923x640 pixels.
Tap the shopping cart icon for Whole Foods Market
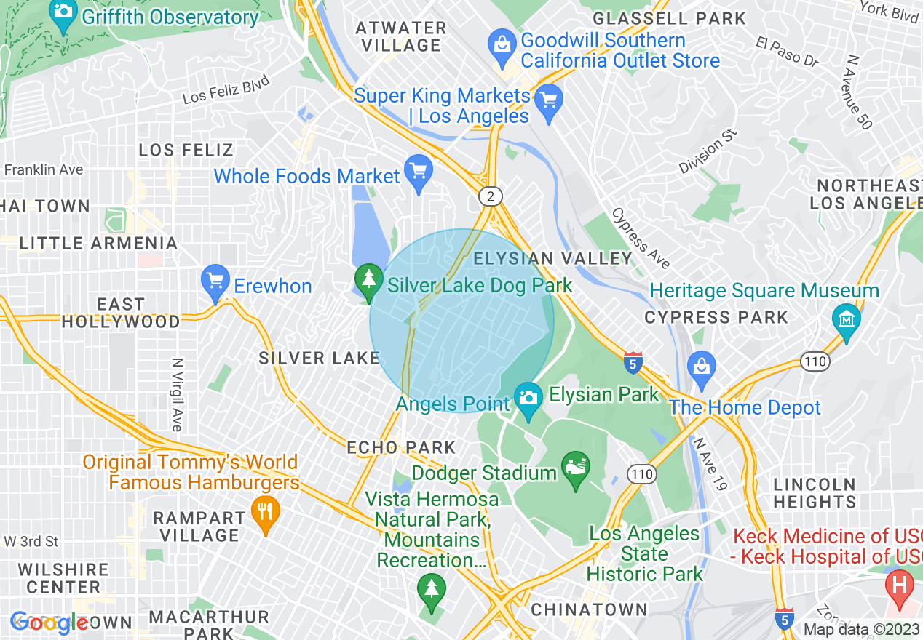(419, 171)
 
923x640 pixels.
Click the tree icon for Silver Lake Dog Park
(369, 280)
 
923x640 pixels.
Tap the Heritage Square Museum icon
(847, 319)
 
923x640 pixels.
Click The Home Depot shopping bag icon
(701, 366)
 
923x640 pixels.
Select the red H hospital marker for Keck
(900, 586)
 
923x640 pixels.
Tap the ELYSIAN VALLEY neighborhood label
(553, 259)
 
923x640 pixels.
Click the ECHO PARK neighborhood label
(401, 447)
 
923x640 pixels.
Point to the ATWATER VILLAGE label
(400, 36)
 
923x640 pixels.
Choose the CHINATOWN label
(589, 609)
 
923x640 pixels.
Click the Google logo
(49, 623)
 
